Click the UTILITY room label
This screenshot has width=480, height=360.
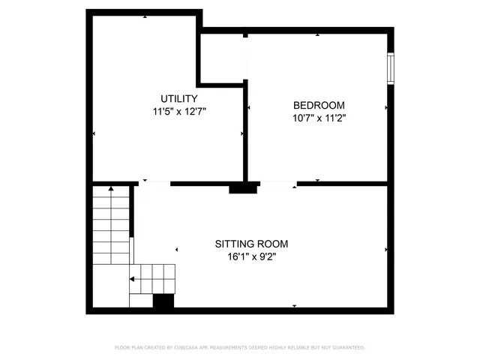pyautogui.click(x=179, y=98)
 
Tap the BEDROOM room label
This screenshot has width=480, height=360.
pyautogui.click(x=319, y=105)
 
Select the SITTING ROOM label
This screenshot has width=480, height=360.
pyautogui.click(x=251, y=244)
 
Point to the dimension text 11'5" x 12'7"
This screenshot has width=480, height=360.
pyautogui.click(x=179, y=111)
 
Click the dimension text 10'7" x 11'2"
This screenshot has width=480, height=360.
pyautogui.click(x=319, y=118)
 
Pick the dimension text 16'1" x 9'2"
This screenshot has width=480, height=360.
pyautogui.click(x=251, y=256)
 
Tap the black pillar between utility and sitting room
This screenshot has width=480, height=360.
pyautogui.click(x=242, y=188)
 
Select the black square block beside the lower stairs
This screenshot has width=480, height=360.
pyautogui.click(x=163, y=301)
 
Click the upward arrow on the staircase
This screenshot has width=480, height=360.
pyautogui.click(x=110, y=188)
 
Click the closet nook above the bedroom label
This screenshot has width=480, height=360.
pyautogui.click(x=222, y=56)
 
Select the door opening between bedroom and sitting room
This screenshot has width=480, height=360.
pyautogui.click(x=277, y=183)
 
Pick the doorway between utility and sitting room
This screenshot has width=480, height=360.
pyautogui.click(x=156, y=183)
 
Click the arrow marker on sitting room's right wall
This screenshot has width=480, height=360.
pyautogui.click(x=386, y=250)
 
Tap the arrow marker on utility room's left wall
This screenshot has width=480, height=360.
pyautogui.click(x=94, y=134)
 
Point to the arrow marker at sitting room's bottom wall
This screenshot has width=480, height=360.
pyautogui.click(x=295, y=306)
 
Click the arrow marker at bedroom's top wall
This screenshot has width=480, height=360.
pyautogui.click(x=318, y=34)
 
